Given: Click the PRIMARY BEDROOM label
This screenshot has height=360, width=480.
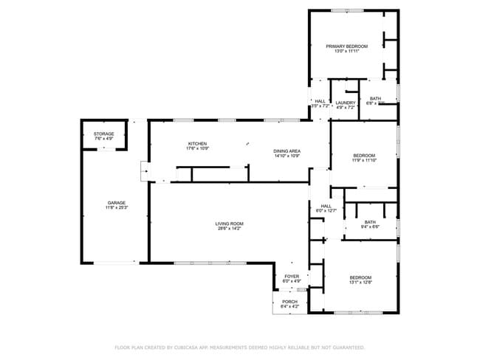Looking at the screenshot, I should click(346, 46).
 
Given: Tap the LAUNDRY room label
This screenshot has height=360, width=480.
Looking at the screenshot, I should click(344, 103).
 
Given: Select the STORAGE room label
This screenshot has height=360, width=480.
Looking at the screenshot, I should click(103, 134).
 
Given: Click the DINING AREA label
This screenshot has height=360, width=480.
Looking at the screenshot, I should click(287, 150).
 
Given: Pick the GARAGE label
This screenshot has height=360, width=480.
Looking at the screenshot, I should click(116, 203).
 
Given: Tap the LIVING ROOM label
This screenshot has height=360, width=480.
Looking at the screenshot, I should click(229, 224).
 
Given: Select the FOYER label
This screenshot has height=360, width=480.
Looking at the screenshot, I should click(292, 276).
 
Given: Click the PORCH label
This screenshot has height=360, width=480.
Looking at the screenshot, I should click(289, 302).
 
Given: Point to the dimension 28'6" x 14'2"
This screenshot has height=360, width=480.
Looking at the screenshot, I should click(229, 229).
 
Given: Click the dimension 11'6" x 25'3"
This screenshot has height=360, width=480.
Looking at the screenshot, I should click(116, 208).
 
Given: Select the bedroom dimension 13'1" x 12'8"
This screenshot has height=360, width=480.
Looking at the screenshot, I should click(360, 283).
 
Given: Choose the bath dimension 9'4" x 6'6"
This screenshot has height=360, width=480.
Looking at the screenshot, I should click(370, 227).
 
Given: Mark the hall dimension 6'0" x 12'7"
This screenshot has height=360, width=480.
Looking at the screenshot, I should click(326, 211).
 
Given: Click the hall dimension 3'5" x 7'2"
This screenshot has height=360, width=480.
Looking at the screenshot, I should click(320, 108).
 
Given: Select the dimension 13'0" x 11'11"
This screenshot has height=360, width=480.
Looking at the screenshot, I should click(346, 52).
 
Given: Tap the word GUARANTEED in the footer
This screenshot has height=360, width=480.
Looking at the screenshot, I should click(347, 347).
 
